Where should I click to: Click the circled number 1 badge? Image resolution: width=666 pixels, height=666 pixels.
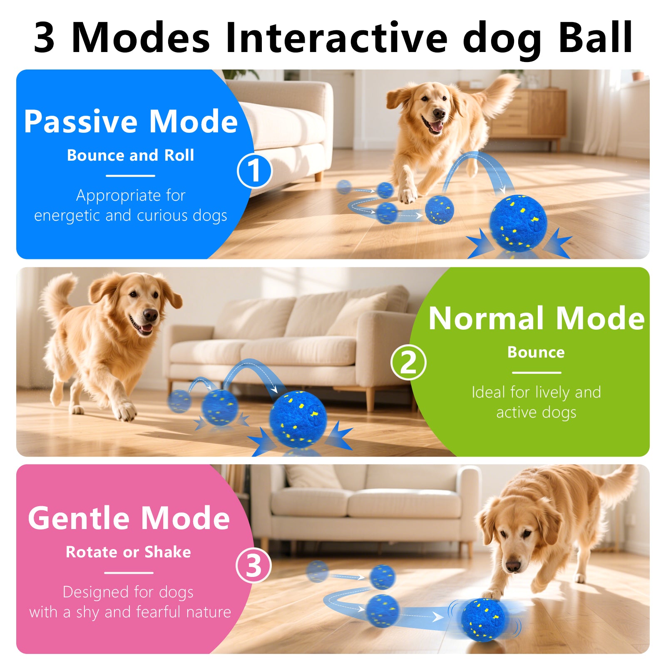(254, 171)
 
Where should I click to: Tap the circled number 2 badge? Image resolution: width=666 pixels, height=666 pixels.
(408, 362)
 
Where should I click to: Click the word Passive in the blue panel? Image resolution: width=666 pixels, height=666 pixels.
(80, 122)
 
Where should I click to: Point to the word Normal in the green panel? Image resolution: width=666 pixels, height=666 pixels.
(486, 318)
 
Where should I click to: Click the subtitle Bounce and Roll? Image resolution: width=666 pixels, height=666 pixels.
(130, 155)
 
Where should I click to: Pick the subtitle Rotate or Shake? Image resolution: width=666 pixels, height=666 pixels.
(128, 552)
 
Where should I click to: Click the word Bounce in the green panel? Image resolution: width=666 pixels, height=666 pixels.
(536, 353)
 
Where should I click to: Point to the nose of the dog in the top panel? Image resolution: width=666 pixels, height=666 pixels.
(439, 113)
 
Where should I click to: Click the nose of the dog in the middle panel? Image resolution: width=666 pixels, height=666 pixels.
(150, 315)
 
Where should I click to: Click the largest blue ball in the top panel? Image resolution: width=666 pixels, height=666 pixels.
(518, 223)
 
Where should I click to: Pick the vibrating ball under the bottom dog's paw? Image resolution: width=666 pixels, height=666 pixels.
(484, 620)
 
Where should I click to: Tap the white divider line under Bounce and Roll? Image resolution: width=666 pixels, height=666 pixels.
(130, 176)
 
